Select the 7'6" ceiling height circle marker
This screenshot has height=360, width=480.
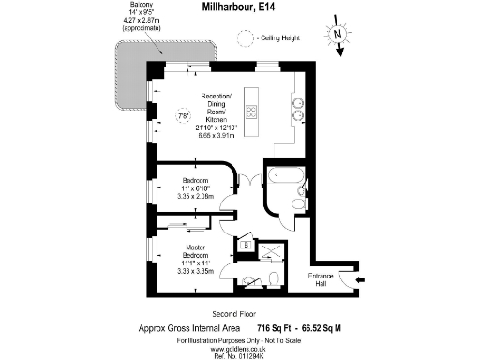click(184, 116)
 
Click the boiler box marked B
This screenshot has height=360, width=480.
click(246, 246)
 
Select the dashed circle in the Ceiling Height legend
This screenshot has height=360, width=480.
click(245, 38)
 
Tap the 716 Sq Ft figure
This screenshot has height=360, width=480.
click(276, 327)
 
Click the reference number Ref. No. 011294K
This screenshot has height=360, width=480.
click(239, 354)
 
